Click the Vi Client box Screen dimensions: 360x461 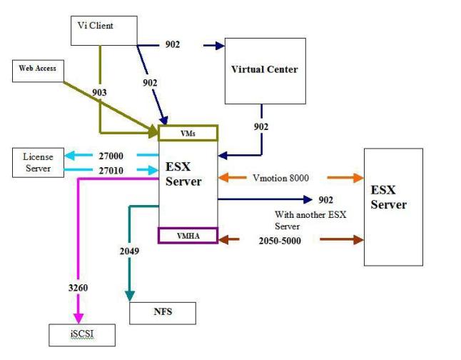point(104,29)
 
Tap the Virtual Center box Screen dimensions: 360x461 point(265,70)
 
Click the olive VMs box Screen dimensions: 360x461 point(188,133)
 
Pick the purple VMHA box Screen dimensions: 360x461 point(188,235)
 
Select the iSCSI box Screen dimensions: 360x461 point(81,334)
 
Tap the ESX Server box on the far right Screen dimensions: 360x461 point(388,206)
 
